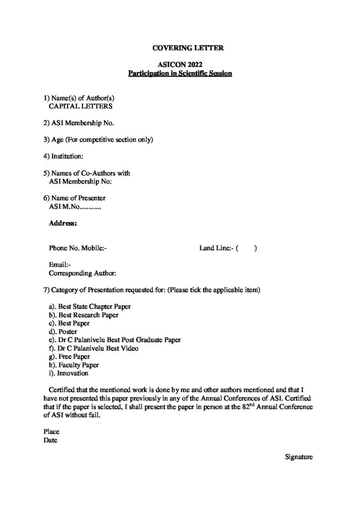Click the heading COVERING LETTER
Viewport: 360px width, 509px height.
click(x=180, y=48)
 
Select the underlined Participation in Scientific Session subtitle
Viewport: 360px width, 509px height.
click(x=180, y=74)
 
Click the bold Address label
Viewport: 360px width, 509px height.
click(x=62, y=224)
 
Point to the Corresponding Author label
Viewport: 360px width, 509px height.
click(x=83, y=273)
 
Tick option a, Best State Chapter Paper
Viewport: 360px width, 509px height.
click(x=90, y=307)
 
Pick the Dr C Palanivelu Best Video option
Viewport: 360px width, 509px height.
click(x=95, y=348)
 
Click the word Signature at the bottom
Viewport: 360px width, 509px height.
click(x=298, y=456)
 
